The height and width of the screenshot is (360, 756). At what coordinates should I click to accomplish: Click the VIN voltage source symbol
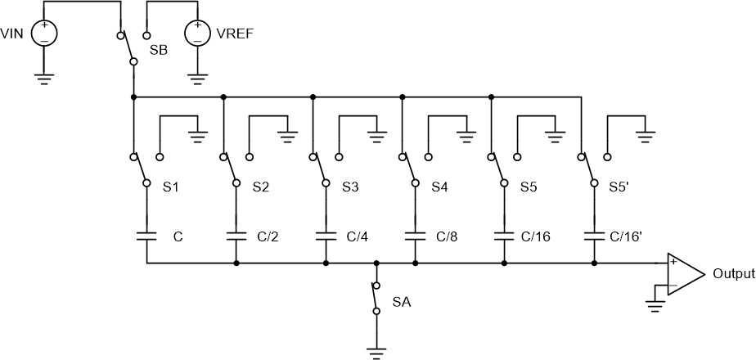[43, 34]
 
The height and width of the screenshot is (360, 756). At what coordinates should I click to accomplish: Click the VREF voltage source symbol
[197, 34]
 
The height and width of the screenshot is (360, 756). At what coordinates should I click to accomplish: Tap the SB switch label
[159, 50]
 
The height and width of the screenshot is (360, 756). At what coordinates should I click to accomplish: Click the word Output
[734, 274]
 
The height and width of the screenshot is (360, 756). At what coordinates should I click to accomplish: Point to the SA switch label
[401, 302]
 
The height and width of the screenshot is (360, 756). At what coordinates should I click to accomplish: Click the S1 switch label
[171, 187]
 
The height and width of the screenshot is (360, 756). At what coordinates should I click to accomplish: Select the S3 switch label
[350, 187]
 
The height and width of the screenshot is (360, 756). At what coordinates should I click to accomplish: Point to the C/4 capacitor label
[358, 237]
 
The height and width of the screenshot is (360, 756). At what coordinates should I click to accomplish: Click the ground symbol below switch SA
[376, 352]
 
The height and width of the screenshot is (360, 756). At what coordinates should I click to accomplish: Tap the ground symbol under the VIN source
[43, 79]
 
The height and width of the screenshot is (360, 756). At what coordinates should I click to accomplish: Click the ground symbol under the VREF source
[197, 79]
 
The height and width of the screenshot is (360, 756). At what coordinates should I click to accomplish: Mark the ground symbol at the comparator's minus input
[655, 305]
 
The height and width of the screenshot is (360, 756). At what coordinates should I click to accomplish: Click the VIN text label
[14, 34]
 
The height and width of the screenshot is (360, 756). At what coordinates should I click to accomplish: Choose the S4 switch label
[439, 187]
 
